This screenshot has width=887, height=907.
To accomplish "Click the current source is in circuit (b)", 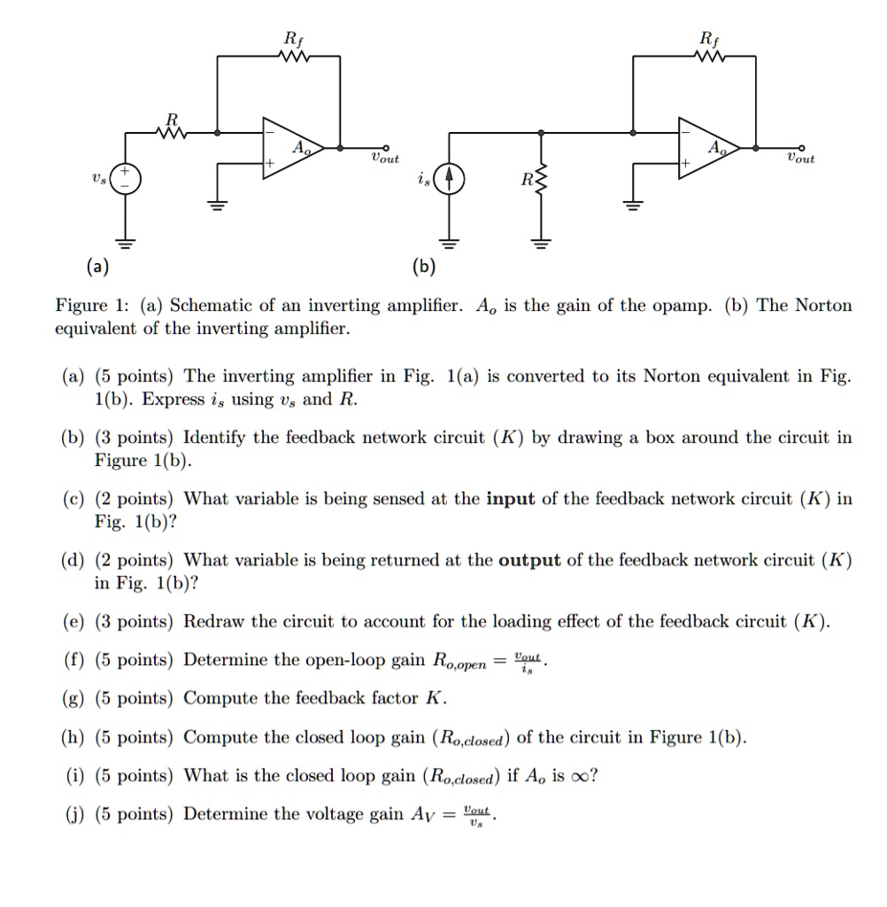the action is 449,179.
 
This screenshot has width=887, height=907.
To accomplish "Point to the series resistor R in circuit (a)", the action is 172,134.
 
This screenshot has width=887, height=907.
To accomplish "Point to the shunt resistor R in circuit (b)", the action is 542,183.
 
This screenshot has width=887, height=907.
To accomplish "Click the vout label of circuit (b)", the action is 800,159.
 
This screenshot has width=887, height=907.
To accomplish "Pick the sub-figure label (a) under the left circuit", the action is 98,266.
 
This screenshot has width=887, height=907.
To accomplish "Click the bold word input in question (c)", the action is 511,499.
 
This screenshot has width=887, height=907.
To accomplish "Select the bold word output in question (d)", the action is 529,560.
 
